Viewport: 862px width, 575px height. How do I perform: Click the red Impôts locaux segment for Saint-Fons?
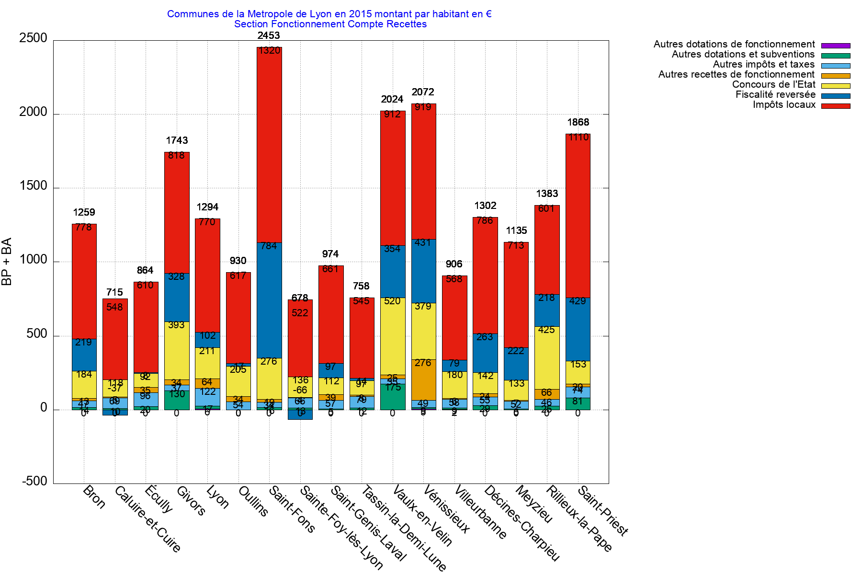[x=269, y=144]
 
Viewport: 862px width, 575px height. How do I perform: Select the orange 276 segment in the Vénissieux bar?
[x=423, y=379]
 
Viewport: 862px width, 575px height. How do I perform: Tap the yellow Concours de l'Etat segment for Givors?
[x=177, y=350]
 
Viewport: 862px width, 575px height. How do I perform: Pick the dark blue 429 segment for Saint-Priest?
[x=578, y=329]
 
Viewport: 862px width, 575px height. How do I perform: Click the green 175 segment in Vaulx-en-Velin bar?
[x=393, y=397]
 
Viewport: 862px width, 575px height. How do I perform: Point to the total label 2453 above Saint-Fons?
[x=269, y=35]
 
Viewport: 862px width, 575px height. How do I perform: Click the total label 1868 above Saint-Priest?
[x=578, y=122]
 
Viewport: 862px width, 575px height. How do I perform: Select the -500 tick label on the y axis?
[x=34, y=481]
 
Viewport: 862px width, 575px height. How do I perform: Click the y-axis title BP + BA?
[x=7, y=262]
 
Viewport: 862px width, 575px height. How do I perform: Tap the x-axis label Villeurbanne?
[x=480, y=512]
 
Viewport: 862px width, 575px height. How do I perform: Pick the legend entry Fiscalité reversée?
[x=775, y=94]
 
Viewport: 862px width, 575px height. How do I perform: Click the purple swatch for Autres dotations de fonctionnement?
[x=836, y=46]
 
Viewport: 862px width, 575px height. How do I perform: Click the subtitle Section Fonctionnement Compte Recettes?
[x=330, y=24]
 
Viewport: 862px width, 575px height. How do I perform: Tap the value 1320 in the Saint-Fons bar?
[x=269, y=51]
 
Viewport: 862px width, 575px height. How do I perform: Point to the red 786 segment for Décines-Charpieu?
[x=485, y=276]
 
